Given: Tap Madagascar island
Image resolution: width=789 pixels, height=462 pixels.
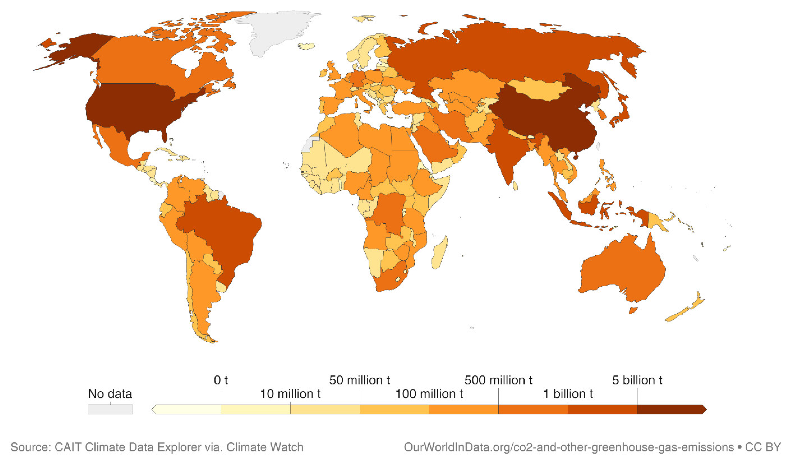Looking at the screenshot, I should click(439, 254).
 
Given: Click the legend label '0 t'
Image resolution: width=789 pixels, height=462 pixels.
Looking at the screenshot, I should click(221, 380).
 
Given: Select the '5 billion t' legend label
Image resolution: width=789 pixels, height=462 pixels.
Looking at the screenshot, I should click(637, 380).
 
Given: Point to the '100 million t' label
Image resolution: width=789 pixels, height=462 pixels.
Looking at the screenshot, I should click(429, 394).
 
